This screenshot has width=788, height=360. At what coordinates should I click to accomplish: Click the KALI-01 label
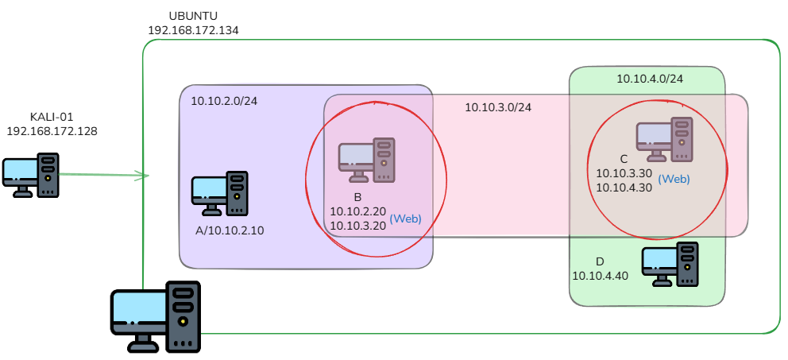point(52,117)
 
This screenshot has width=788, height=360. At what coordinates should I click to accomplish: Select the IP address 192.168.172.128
point(52,131)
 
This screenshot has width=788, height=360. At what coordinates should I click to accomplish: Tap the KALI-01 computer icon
point(31,175)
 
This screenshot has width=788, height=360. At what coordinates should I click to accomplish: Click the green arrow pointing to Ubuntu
point(104,175)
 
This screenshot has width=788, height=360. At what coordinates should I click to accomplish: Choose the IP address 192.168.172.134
point(193,30)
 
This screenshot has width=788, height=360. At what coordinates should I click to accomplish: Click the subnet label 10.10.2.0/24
point(224,101)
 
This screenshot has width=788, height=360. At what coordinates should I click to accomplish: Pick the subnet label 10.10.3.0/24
point(498,107)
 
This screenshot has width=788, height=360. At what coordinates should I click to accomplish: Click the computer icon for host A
point(219,194)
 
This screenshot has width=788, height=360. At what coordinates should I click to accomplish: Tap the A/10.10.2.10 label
point(230,230)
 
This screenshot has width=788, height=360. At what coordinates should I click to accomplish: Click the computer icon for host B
point(366,160)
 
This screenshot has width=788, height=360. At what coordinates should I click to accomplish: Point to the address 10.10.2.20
point(357,211)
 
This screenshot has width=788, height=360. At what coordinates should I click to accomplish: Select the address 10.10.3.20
point(357,226)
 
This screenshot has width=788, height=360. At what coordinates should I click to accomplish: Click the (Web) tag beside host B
point(406,219)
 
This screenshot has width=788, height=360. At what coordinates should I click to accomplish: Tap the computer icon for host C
point(664,139)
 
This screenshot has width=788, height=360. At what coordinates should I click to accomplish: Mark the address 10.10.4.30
point(624,188)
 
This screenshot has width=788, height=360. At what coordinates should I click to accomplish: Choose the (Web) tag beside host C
point(674,179)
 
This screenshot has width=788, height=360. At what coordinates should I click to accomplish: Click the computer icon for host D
point(670,265)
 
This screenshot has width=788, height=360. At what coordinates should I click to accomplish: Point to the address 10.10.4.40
point(600,276)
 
